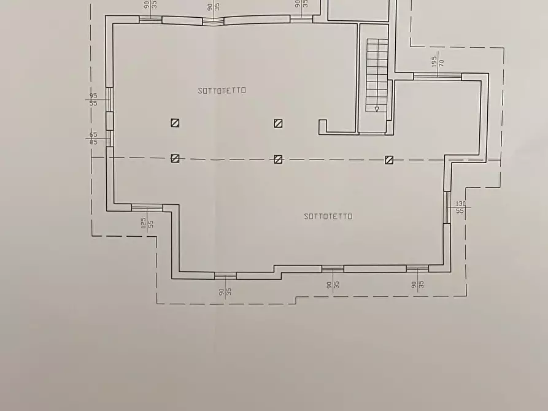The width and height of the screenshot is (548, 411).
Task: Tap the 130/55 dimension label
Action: click(460, 207)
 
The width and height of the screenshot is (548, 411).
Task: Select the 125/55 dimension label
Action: click(147, 223)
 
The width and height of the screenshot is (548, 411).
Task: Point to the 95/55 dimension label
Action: click(93, 99)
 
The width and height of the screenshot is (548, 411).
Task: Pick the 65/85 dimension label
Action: click(93, 138)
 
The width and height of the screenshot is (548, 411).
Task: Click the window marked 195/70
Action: click(438, 77)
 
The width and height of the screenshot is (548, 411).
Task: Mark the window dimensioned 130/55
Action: click(447, 207)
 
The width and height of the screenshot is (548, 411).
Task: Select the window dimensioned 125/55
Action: click(147, 207)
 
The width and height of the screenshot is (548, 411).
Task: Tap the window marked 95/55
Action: click(109, 99)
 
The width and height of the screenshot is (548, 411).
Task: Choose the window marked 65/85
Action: click(109, 138)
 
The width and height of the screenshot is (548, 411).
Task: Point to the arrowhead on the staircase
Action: click(377, 109)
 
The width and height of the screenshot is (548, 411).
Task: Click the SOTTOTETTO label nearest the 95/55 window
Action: click(222, 90)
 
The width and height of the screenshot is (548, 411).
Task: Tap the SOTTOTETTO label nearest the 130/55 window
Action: click(328, 216)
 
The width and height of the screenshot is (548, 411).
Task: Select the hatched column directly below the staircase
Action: click(388, 159)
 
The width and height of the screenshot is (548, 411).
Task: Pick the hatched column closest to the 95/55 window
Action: click(175, 123)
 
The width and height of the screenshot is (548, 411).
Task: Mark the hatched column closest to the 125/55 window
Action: click(175, 159)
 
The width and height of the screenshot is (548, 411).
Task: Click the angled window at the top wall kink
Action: click(213, 20)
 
